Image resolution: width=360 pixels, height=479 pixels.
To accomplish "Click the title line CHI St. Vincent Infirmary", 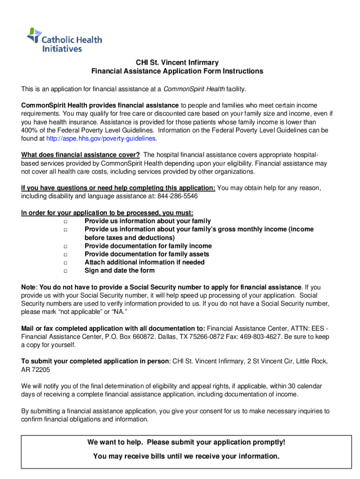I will (x=177, y=63).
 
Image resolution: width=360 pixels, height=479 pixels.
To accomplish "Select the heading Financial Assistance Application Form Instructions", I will (x=177, y=72).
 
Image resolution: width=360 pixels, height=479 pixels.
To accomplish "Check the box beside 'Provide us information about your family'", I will (x=65, y=221).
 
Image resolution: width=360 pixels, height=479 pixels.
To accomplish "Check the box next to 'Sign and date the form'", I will (x=65, y=271).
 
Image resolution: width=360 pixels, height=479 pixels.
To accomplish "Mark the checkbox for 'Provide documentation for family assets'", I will (x=65, y=254).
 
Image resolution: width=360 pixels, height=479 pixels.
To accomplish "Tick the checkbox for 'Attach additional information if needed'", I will (x=65, y=263).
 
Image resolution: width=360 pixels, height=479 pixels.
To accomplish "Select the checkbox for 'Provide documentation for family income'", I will (x=65, y=246).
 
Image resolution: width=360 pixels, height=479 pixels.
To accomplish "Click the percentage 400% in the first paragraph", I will (x=29, y=130).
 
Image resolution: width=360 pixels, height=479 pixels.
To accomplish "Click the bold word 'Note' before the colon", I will (x=29, y=287).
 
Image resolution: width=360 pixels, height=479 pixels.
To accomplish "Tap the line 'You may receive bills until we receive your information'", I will (x=186, y=456).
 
